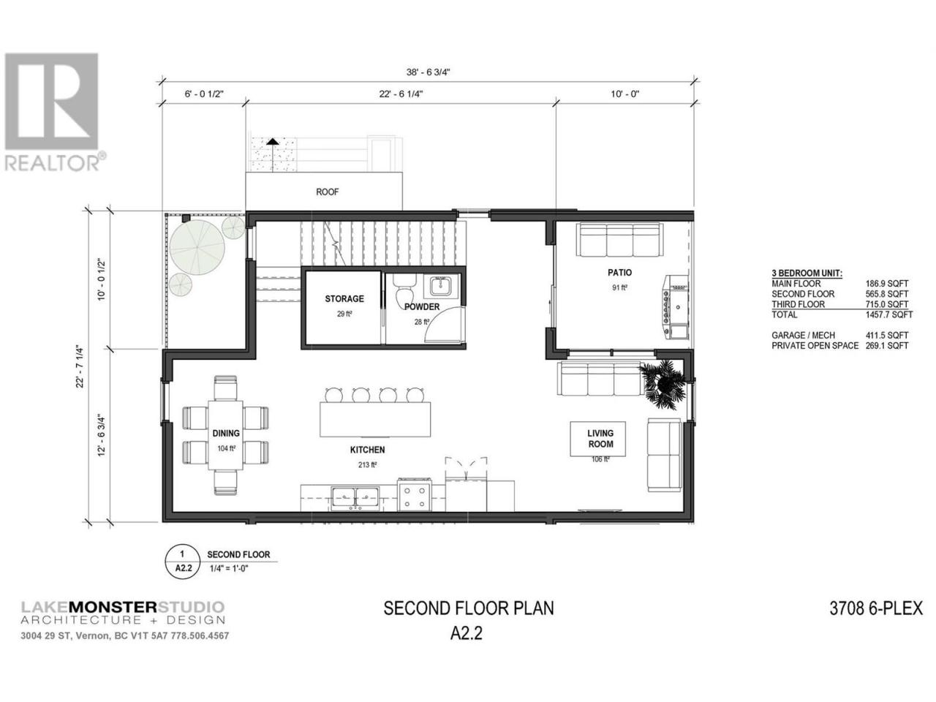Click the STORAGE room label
(344, 299)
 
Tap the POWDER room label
(422, 307)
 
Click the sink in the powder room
(440, 286)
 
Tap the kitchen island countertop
(375, 419)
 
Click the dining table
(225, 435)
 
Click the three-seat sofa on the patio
(619, 241)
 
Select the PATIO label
(619, 272)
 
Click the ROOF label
(327, 192)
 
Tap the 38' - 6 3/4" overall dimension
(428, 72)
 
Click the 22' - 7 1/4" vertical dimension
(80, 366)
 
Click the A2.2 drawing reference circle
(183, 562)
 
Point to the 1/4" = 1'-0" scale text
(229, 568)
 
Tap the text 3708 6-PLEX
(876, 608)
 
